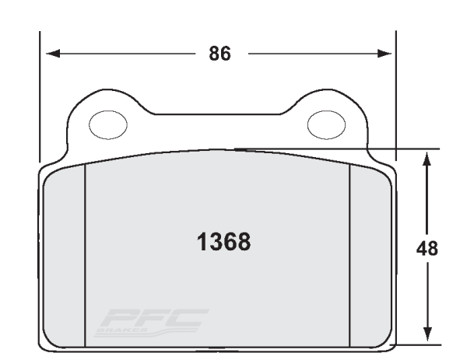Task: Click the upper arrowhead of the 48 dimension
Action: click(427, 159)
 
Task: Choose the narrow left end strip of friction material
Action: click(65, 257)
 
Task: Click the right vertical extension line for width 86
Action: click(395, 93)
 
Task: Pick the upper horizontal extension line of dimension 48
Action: click(350, 148)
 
